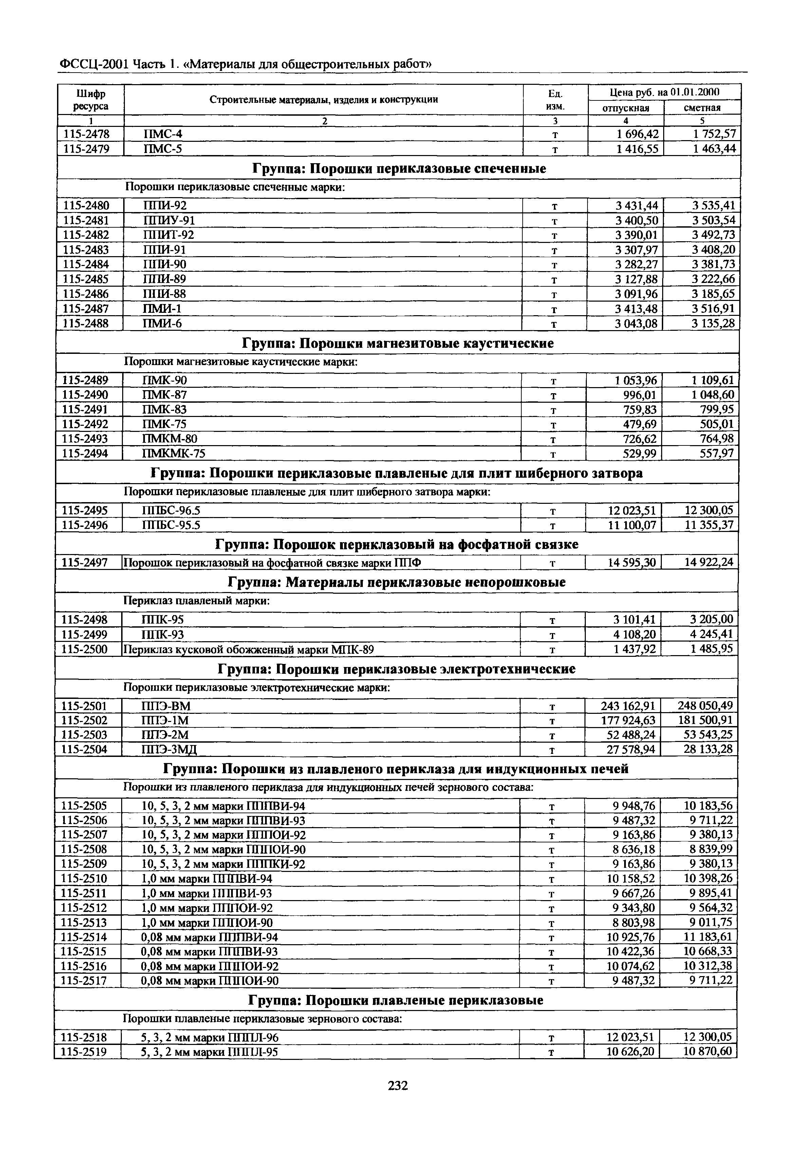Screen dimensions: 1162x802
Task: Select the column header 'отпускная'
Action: [x=626, y=108]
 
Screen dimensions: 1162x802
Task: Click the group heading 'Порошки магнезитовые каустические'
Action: [x=398, y=343]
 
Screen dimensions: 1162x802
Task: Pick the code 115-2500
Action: [x=85, y=650]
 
